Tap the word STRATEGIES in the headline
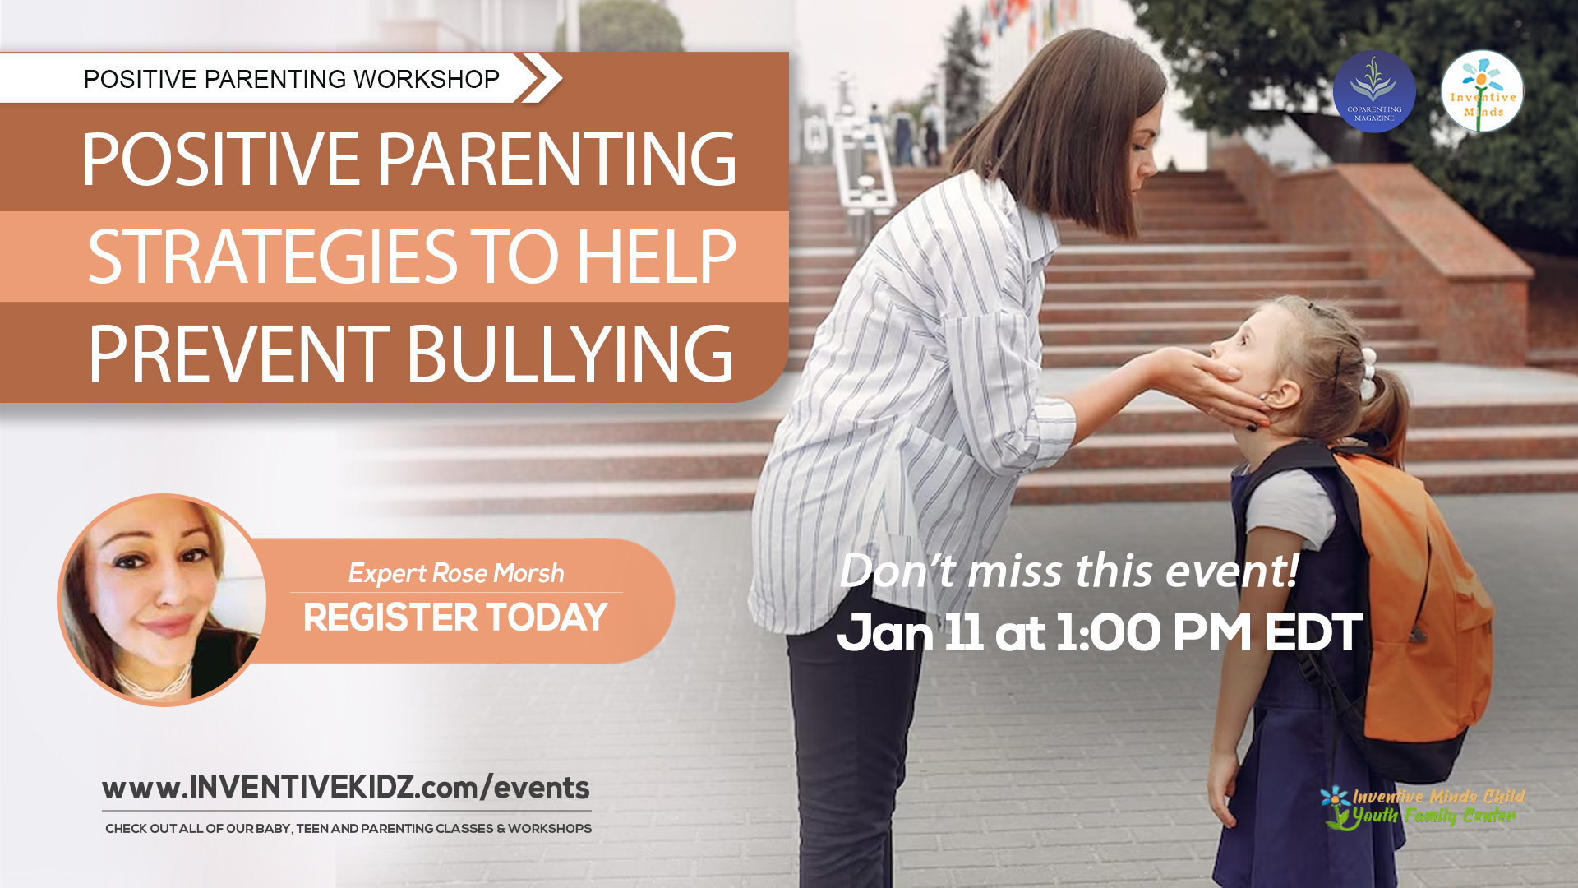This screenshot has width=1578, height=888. click(272, 257)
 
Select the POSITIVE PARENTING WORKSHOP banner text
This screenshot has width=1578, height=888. click(291, 79)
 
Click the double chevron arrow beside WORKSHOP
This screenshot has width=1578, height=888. click(540, 78)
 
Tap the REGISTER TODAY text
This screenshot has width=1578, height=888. click(454, 617)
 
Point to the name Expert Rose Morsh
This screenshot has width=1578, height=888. click(456, 573)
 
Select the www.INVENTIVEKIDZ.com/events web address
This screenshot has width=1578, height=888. click(345, 788)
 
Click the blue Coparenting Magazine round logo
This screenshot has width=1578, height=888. click(1373, 91)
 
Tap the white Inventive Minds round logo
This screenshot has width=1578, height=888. click(1482, 91)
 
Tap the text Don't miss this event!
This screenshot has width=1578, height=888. click(1068, 571)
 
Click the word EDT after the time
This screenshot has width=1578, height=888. click(1313, 633)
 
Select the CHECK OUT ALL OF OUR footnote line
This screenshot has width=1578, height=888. click(348, 829)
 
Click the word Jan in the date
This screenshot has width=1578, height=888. click(884, 633)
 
